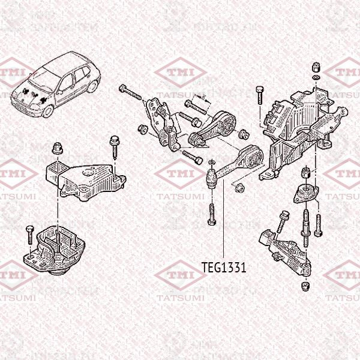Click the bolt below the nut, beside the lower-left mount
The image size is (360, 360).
pos(28,234)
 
